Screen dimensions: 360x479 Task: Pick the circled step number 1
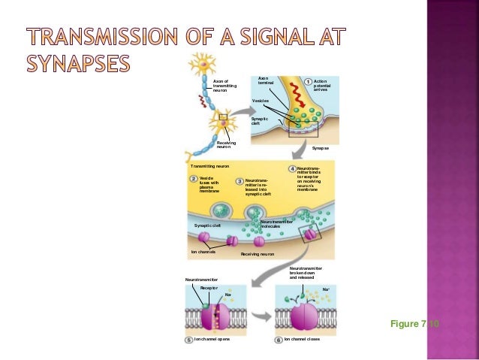308,81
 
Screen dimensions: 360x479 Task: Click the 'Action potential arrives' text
321,86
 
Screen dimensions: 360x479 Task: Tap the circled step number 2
193,178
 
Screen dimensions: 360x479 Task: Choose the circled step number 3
239,181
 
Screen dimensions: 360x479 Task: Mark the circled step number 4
291,168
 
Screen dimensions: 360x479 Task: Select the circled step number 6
278,340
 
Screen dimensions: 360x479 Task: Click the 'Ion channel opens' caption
212,340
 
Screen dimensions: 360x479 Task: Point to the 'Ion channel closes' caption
302,340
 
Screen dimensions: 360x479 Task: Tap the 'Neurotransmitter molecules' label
276,224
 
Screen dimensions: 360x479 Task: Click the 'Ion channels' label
203,252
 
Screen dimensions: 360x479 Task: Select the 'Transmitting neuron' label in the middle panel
209,165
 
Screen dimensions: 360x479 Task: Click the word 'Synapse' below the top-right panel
321,148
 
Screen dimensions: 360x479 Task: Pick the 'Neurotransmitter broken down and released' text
306,273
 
